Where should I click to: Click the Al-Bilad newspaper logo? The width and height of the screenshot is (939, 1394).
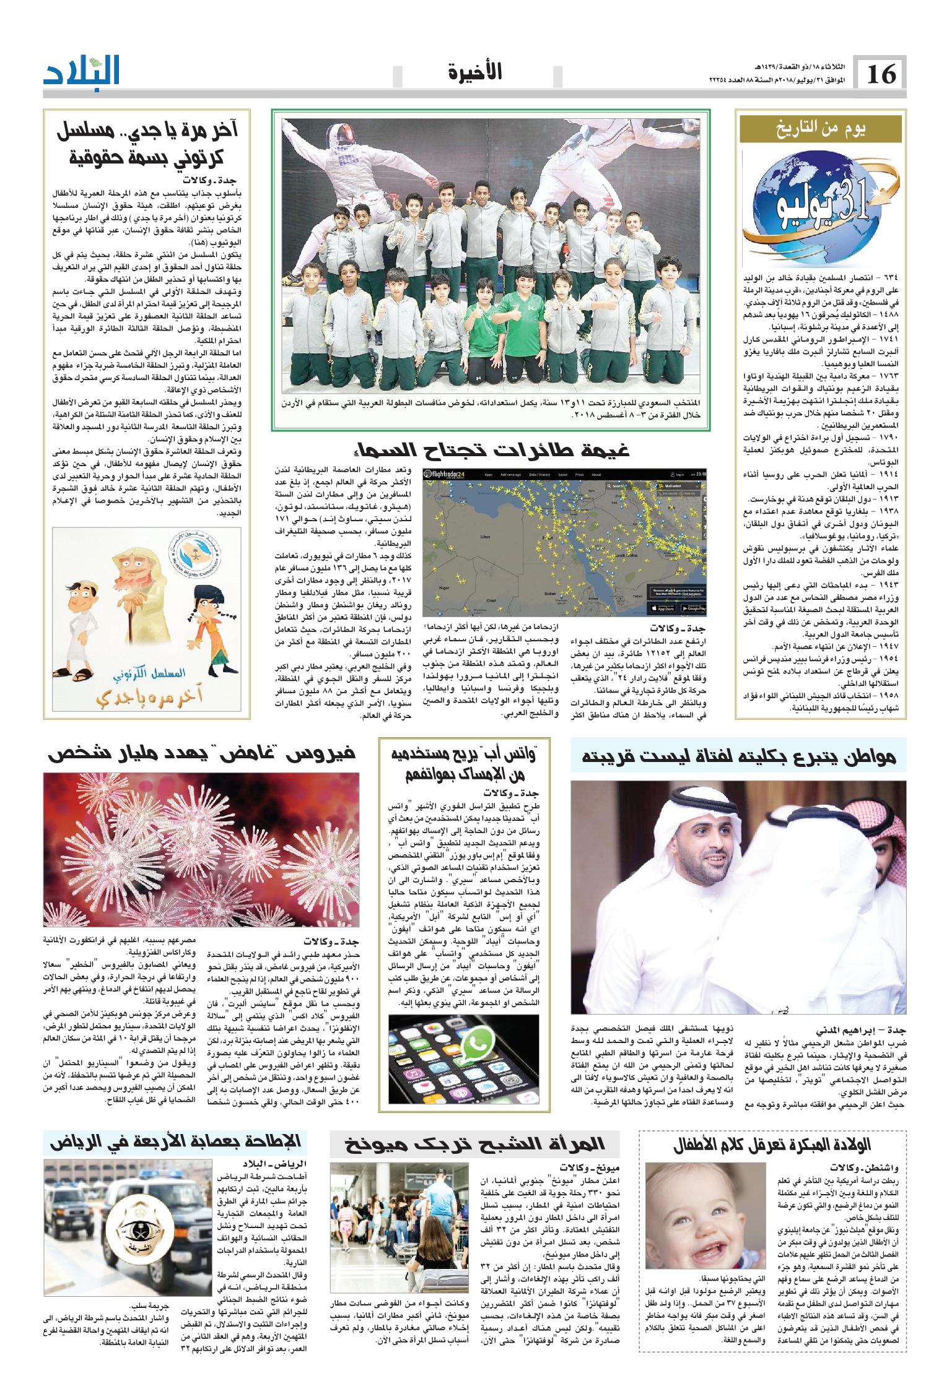coord(82,72)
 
